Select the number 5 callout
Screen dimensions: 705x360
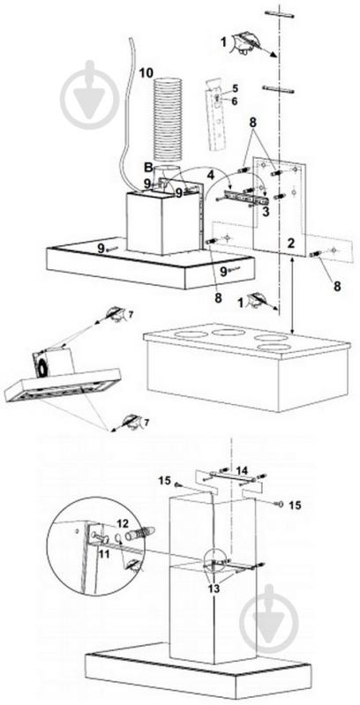pos(236,88)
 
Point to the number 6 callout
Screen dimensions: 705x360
pos(236,101)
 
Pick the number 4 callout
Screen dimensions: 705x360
pos(210,176)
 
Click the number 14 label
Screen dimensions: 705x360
pos(242,469)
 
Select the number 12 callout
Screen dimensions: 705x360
pos(123,523)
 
